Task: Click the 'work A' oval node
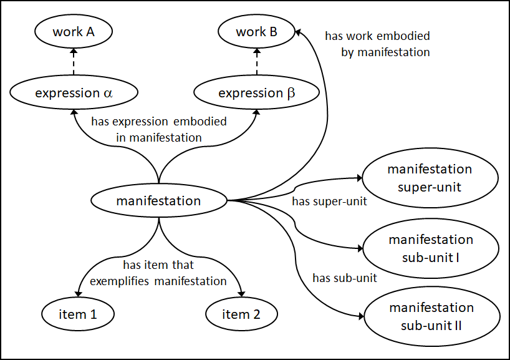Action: (x=74, y=32)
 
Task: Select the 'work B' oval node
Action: (x=256, y=32)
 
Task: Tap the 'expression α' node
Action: (x=74, y=94)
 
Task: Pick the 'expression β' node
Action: (x=256, y=94)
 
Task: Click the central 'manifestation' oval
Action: (x=158, y=201)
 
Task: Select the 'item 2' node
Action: (x=241, y=314)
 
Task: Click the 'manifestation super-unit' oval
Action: (x=430, y=178)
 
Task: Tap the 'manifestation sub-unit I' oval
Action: (x=430, y=248)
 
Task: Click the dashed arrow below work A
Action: (x=74, y=63)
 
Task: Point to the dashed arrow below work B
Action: (x=256, y=63)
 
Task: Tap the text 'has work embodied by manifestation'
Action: (x=377, y=44)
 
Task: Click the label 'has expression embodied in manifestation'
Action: (x=158, y=129)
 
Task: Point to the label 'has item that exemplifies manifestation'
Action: (x=158, y=273)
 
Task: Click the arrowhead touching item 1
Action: (x=77, y=293)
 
